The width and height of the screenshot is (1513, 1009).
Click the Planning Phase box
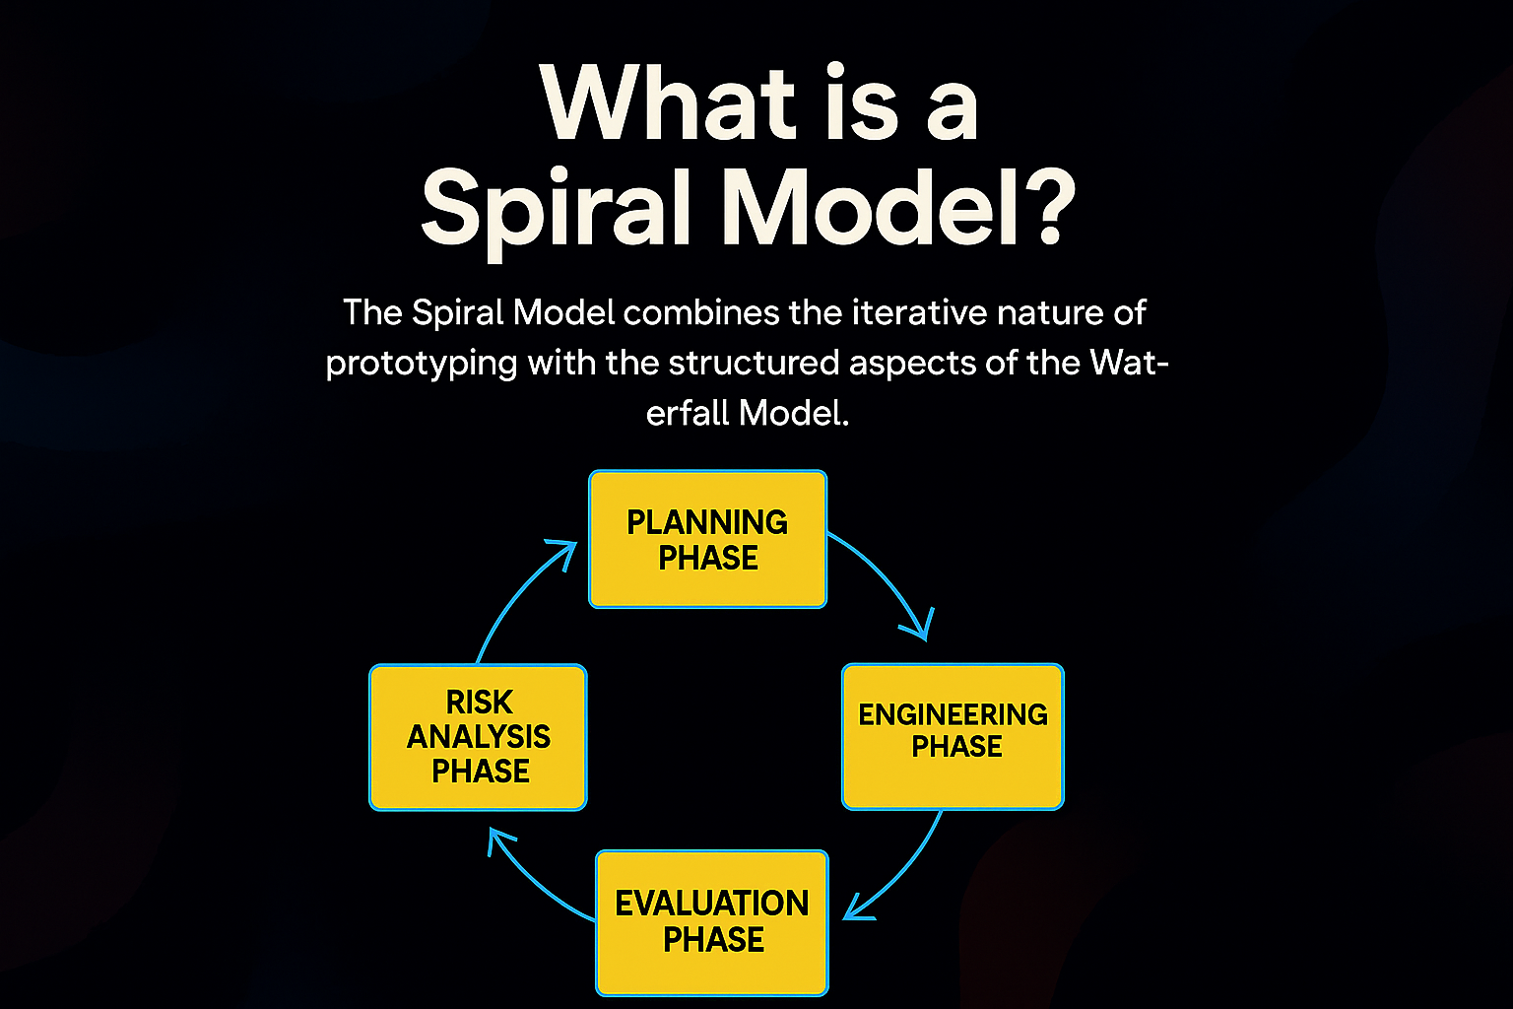708,539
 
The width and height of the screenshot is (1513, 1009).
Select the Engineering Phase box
954,737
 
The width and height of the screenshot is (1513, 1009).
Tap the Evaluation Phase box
712,923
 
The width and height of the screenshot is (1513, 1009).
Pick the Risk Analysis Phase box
478,737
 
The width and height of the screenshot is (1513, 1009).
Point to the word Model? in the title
898,205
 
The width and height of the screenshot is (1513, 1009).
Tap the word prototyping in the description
422,365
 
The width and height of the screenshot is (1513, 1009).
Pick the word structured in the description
754,363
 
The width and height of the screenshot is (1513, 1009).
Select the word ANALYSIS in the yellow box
478,737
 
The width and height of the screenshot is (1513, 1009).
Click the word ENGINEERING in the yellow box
954,715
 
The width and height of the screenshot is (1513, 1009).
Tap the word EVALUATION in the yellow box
712,904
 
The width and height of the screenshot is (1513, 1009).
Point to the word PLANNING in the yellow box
707,522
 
